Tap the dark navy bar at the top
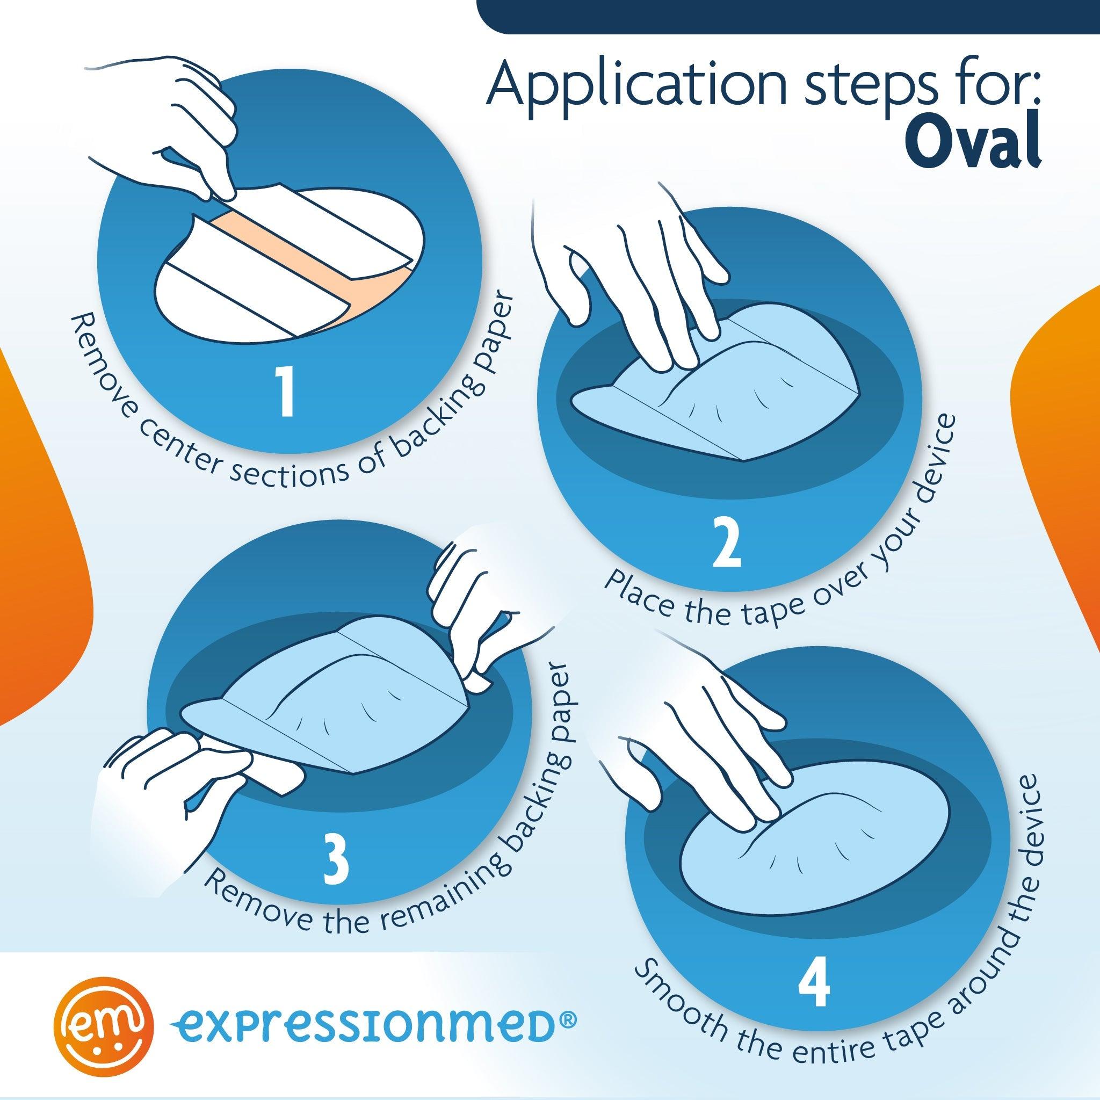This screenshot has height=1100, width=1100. pyautogui.click(x=786, y=16)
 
